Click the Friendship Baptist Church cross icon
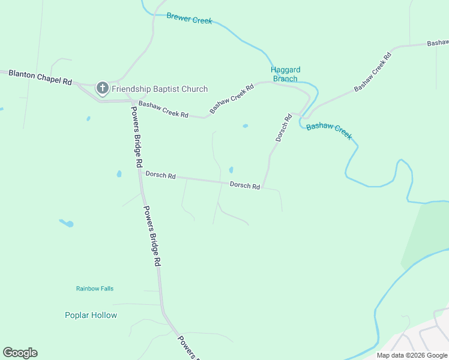point(102,89)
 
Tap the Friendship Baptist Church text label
point(160,89)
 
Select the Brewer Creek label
point(189,19)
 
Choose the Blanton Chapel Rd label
point(40,76)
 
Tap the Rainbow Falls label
point(95,289)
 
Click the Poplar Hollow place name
point(91,315)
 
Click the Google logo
point(20,353)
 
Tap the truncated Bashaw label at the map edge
point(438,43)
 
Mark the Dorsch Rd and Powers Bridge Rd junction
point(141,175)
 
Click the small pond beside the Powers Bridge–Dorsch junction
point(119,174)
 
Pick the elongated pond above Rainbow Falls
point(67,223)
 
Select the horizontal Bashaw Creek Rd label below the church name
point(163,109)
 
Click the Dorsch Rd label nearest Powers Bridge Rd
point(160,176)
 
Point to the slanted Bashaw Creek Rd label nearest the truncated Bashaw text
point(373,71)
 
